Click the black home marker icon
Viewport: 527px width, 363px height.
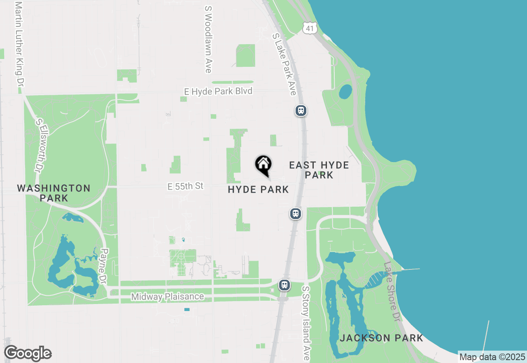pos(263,165)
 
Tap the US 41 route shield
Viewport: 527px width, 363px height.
pos(309,28)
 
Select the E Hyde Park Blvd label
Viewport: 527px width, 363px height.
pos(218,91)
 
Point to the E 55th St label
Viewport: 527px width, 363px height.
pos(186,186)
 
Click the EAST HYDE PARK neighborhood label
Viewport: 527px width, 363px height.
pos(319,170)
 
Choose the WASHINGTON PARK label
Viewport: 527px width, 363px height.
pos(54,193)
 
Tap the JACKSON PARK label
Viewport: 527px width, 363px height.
pos(381,338)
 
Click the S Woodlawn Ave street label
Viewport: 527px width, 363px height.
pos(208,39)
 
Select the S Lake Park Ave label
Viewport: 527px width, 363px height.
pos(284,64)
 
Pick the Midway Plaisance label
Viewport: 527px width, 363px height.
pos(168,297)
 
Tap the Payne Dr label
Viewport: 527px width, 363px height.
pos(104,266)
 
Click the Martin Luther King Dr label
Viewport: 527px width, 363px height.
pos(18,43)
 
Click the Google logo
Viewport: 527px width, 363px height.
pos(28,354)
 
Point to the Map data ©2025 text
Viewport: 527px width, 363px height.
pos(492,357)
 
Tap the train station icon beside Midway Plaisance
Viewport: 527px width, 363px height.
pos(284,285)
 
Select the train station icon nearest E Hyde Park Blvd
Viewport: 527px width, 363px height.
pos(301,111)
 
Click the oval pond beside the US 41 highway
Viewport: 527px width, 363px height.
pos(345,92)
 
